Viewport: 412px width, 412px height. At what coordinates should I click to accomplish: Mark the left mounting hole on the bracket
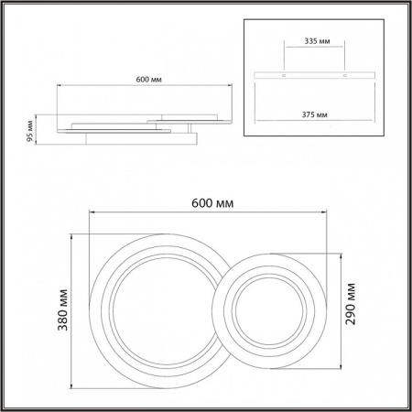(x=283, y=73)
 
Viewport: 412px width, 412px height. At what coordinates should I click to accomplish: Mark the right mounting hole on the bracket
(x=345, y=73)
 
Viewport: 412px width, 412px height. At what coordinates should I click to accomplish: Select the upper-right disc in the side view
(x=190, y=117)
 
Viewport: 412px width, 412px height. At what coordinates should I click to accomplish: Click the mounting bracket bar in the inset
(x=314, y=73)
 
